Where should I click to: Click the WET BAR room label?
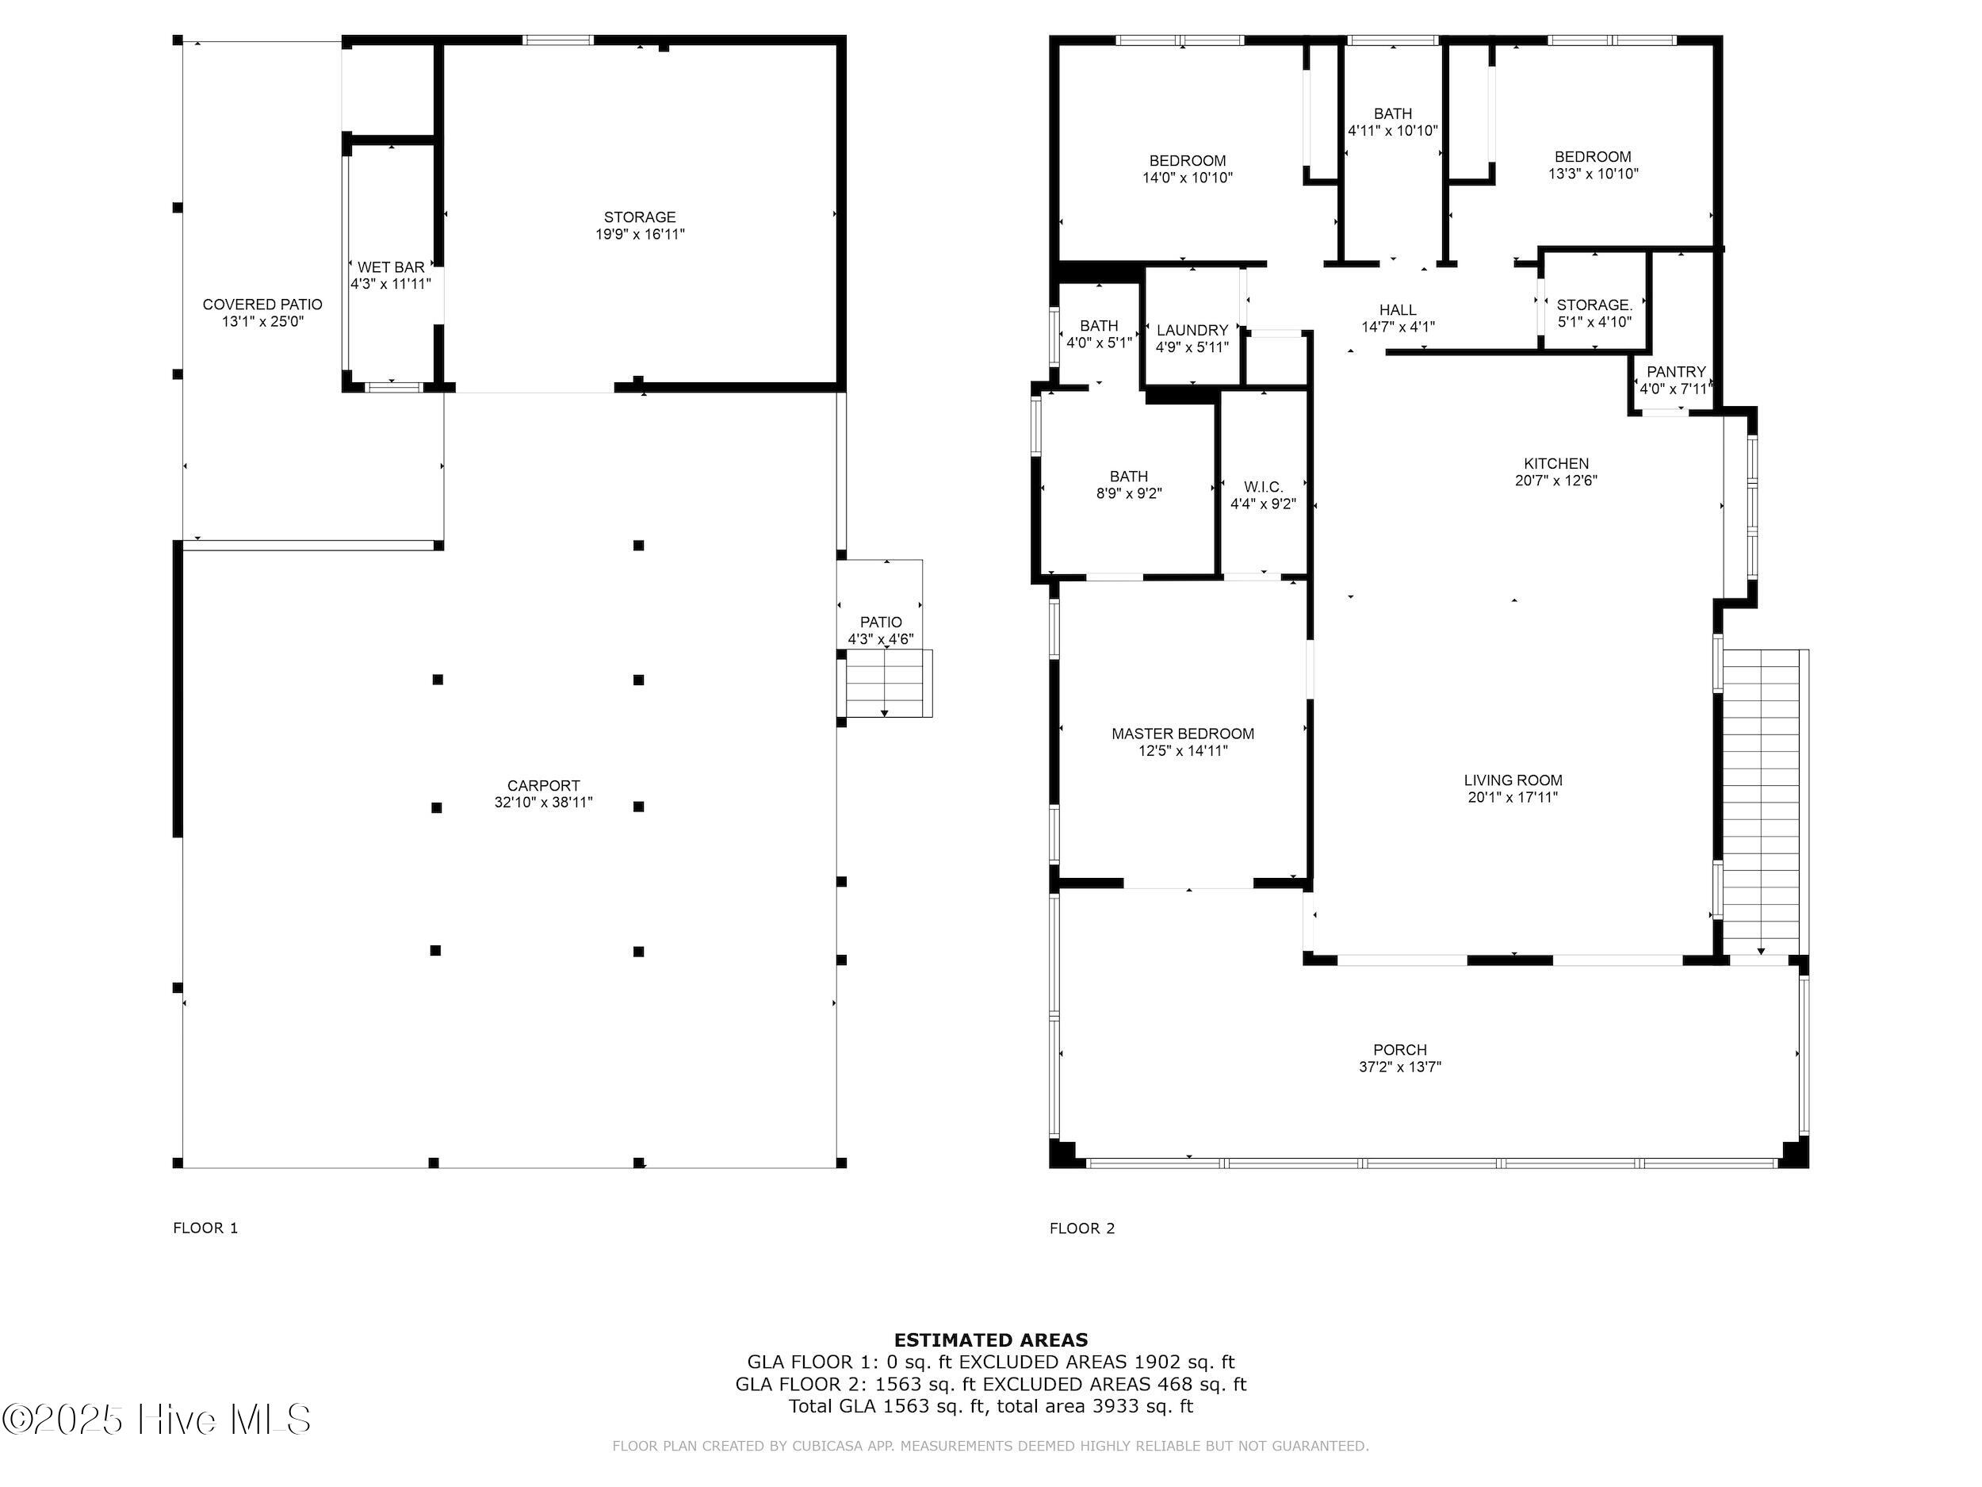(x=391, y=267)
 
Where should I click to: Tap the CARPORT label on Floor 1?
(x=543, y=785)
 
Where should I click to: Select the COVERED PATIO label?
(x=262, y=305)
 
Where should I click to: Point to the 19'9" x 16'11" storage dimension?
(x=640, y=234)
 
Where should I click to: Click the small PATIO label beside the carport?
(x=881, y=622)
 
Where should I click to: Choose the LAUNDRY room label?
(x=1192, y=330)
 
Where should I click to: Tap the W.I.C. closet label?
(x=1264, y=487)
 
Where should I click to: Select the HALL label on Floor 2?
(x=1398, y=310)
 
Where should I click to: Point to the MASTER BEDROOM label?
(x=1183, y=734)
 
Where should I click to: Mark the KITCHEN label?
(x=1556, y=463)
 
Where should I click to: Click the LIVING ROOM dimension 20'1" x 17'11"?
(x=1513, y=797)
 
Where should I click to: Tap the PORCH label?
(x=1399, y=1049)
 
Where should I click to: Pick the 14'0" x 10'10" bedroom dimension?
(x=1188, y=178)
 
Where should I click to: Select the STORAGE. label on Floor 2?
(x=1594, y=305)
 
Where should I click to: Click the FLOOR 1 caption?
(x=205, y=1228)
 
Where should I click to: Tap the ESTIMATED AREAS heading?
(x=991, y=1340)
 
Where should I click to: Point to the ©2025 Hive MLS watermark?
(x=157, y=1420)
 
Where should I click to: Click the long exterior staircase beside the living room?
(x=1761, y=803)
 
